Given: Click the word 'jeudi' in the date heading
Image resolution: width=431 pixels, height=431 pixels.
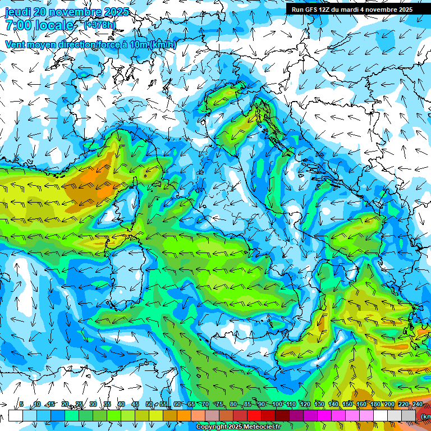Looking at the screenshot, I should click(17, 12).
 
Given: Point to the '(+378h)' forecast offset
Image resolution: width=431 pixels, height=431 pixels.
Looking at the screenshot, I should click(100, 25).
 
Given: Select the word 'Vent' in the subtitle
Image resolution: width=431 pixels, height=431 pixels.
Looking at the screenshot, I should click(16, 44).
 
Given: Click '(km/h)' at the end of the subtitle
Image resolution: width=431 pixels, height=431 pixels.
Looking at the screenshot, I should click(163, 44).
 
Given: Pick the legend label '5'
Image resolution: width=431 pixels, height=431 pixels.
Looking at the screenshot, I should click(21, 405).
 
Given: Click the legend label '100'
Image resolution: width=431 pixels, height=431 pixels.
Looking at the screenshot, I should click(277, 405).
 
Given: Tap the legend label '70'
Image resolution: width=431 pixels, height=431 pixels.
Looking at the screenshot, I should click(206, 405).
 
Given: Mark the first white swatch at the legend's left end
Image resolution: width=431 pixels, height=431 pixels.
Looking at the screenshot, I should click(16, 415).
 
